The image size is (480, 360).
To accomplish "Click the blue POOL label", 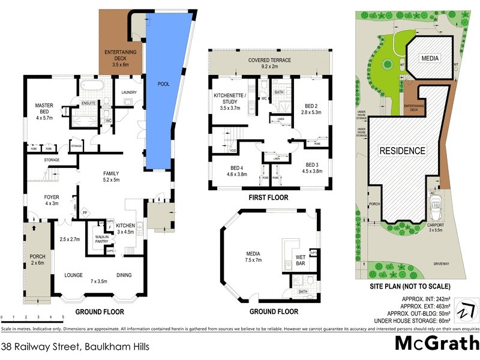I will [x=158, y=85].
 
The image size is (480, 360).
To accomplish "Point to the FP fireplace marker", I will [x=85, y=212].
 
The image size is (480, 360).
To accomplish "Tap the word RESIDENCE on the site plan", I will [x=402, y=151].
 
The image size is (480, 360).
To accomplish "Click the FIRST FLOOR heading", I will [x=269, y=197].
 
